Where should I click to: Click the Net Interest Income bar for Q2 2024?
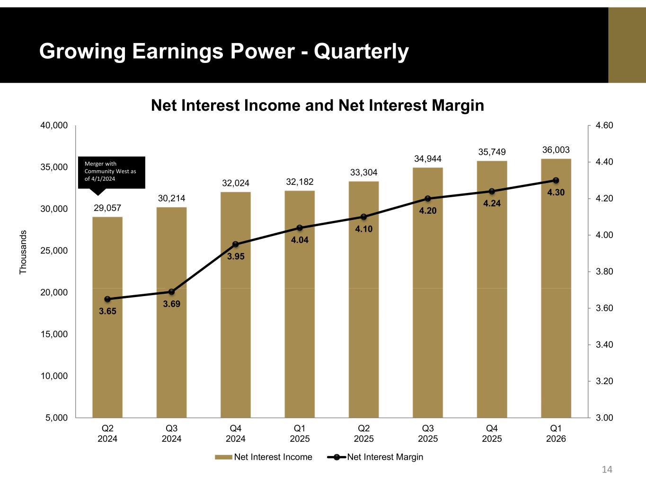107,317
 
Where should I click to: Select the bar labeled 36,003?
556,288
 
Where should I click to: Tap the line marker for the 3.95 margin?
236,244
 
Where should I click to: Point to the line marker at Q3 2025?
428,198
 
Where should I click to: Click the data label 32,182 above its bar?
300,182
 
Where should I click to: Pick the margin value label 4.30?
556,193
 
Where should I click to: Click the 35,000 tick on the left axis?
54,167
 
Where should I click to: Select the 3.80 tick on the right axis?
604,271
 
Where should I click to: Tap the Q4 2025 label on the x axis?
492,433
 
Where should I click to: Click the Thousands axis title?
23,252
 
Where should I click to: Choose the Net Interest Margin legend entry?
375,457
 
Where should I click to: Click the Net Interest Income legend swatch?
223,457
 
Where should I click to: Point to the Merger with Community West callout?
112,173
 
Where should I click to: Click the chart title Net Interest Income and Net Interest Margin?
318,105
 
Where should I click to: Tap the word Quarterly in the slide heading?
361,52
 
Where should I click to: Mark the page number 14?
607,469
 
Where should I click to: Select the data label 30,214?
171,198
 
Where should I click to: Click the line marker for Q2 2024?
107,299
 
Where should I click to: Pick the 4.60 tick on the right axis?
604,125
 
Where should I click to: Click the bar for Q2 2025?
363,299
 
